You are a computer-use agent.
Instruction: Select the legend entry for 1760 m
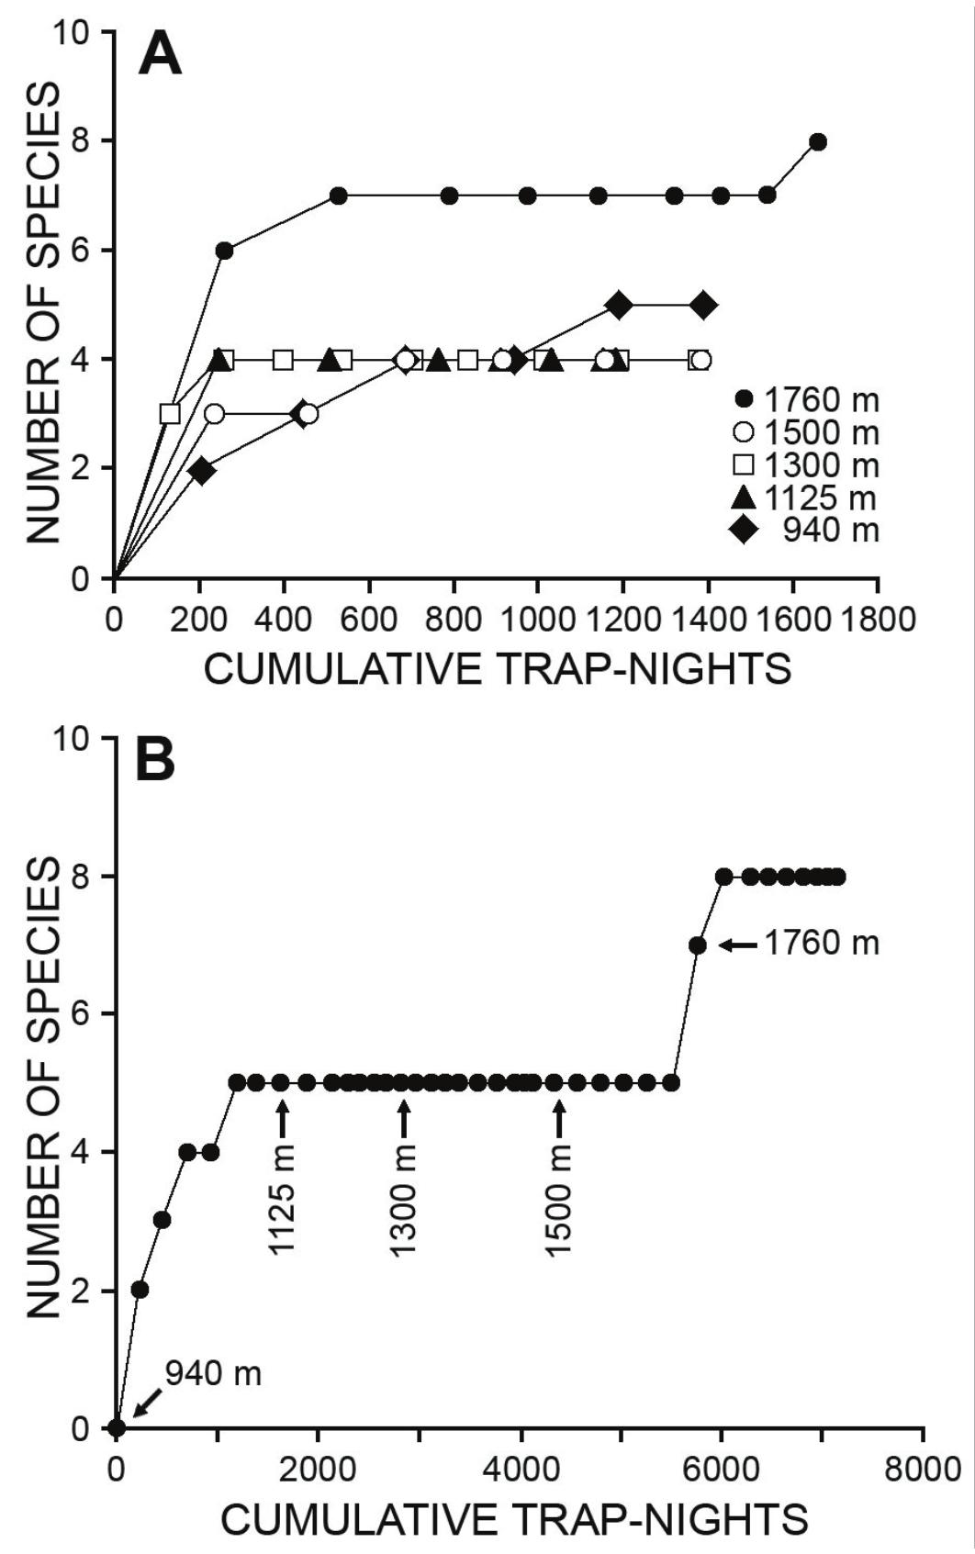tap(807, 400)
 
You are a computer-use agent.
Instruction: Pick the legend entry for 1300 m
tap(807, 465)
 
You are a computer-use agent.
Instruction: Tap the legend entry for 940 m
tap(807, 531)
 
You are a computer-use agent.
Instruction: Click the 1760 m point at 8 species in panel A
tap(818, 142)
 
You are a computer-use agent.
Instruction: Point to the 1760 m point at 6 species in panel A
tap(224, 251)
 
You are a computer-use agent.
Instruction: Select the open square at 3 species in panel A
tap(170, 414)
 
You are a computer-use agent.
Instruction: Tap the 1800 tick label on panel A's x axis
tap(879, 620)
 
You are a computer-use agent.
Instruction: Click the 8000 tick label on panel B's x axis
tap(923, 1469)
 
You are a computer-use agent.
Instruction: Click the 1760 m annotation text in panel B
tap(822, 943)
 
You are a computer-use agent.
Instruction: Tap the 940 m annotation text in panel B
tap(213, 1373)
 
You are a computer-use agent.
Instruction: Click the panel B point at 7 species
tap(698, 945)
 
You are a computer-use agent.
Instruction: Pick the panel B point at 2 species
tap(140, 1290)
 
